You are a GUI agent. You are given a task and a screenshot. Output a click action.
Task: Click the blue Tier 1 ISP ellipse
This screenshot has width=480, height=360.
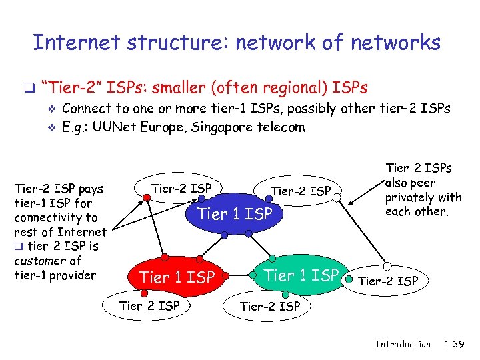coord(235,213)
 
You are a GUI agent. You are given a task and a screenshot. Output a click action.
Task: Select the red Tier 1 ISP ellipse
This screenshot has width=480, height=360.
coord(177,276)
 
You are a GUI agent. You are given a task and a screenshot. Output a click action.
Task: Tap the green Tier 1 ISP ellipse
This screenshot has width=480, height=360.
coord(301,274)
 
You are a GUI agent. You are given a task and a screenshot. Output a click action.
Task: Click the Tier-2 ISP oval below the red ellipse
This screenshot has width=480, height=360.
coord(149,306)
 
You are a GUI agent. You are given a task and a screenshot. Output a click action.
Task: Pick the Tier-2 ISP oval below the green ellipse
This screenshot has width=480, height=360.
coord(269,306)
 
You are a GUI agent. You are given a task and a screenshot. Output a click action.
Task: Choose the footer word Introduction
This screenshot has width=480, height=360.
coord(403,344)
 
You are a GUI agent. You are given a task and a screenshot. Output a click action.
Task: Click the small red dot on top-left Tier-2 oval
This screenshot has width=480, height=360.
coord(145,197)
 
